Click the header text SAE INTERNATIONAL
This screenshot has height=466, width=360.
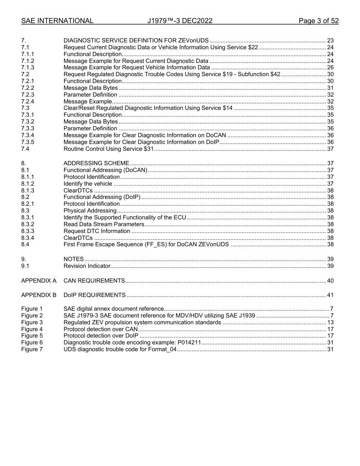[x=57, y=21]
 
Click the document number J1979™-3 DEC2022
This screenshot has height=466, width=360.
[x=180, y=21]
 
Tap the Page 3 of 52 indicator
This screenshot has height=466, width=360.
[x=318, y=21]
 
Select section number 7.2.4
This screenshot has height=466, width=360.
[x=28, y=102]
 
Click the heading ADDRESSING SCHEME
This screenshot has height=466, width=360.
[x=96, y=163]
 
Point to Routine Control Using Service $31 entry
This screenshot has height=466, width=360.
[x=108, y=149]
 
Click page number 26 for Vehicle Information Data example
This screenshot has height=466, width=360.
[x=330, y=67]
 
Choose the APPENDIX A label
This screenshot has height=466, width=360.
[x=39, y=281]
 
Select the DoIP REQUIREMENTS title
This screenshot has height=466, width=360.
[x=94, y=295]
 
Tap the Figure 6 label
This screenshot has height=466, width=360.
[x=32, y=342]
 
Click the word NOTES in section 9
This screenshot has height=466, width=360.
[x=74, y=259]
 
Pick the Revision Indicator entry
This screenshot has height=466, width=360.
[x=87, y=266]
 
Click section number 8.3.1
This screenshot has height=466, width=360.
[x=28, y=217]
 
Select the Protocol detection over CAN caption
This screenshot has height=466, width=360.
[x=100, y=329]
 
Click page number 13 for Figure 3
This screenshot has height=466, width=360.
[x=330, y=322]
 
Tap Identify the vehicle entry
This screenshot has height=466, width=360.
[x=88, y=184]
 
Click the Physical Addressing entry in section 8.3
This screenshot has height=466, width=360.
[x=90, y=211]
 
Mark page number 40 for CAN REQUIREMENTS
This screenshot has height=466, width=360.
[x=330, y=281]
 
